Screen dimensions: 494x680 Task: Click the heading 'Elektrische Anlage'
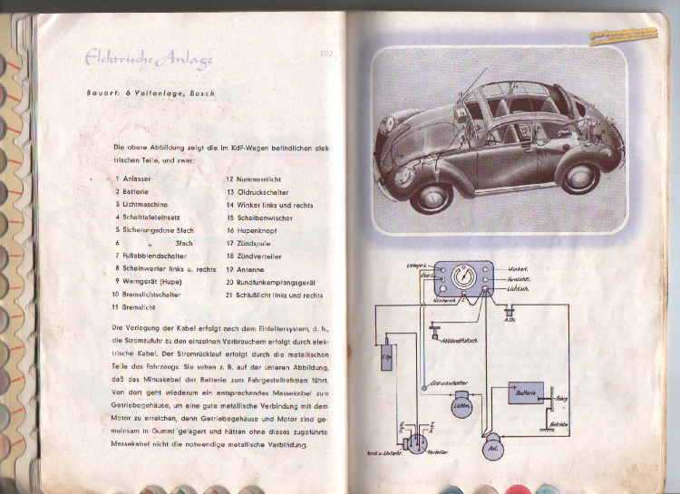point(149,60)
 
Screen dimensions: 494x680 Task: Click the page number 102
point(328,54)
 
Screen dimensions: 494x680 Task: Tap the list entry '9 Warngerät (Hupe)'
point(149,282)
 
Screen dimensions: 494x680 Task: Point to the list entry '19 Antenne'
point(246,269)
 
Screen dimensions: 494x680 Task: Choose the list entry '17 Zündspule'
point(250,243)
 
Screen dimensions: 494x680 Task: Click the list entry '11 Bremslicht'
point(136,308)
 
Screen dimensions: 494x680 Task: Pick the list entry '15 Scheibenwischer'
point(263,218)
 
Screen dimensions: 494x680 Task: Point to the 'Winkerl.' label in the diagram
point(519,269)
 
